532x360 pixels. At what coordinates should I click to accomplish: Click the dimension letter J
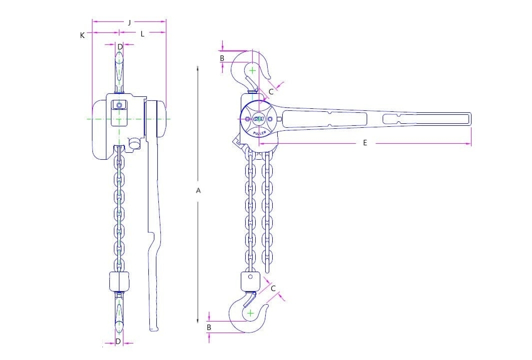pos(129,22)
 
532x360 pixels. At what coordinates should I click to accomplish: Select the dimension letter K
pos(82,35)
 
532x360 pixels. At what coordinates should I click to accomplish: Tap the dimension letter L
pos(142,34)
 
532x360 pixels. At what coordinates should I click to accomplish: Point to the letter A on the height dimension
pos(198,190)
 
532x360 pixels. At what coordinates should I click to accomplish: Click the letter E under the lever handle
pos(365,143)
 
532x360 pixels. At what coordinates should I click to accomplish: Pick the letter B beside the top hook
pos(222,58)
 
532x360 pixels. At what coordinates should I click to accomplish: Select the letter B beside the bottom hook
pos(209,328)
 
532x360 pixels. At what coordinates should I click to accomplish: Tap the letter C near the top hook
pos(271,91)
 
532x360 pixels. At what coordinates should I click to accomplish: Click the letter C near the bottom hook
pos(273,289)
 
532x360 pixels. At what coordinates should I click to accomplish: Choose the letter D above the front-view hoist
pos(119,47)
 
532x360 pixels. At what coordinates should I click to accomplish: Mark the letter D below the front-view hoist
pos(118,342)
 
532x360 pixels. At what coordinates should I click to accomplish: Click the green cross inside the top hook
pos(253,70)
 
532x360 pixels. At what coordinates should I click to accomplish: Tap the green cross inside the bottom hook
pos(250,313)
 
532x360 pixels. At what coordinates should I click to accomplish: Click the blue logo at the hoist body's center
pos(259,119)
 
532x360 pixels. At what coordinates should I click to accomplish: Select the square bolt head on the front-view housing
pos(119,105)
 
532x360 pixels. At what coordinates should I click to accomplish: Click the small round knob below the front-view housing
pos(134,144)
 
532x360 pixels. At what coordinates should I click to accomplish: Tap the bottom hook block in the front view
pos(119,282)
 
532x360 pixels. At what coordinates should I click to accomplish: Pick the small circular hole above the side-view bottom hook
pos(250,277)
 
